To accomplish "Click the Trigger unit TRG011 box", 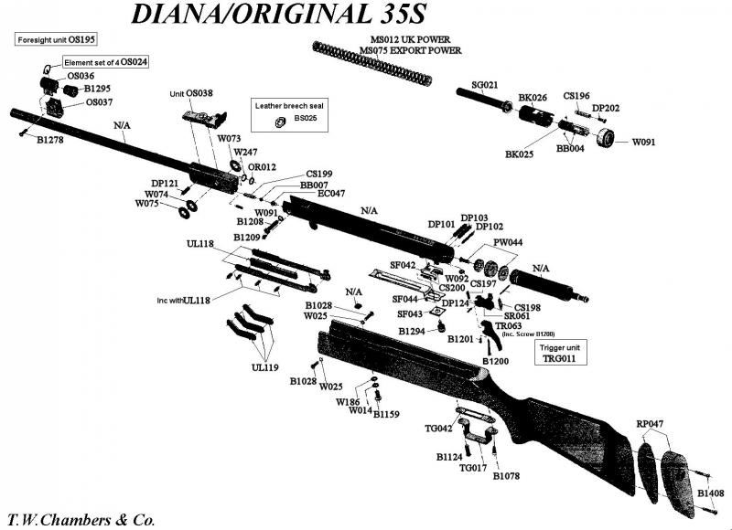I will click(x=560, y=354).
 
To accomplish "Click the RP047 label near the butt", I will click(x=650, y=424).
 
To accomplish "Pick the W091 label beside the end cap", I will click(x=644, y=142).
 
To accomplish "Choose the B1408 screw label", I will click(x=711, y=493).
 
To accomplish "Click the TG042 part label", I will click(x=439, y=429).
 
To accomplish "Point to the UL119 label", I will click(x=264, y=367).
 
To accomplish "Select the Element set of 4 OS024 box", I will click(x=106, y=61).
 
